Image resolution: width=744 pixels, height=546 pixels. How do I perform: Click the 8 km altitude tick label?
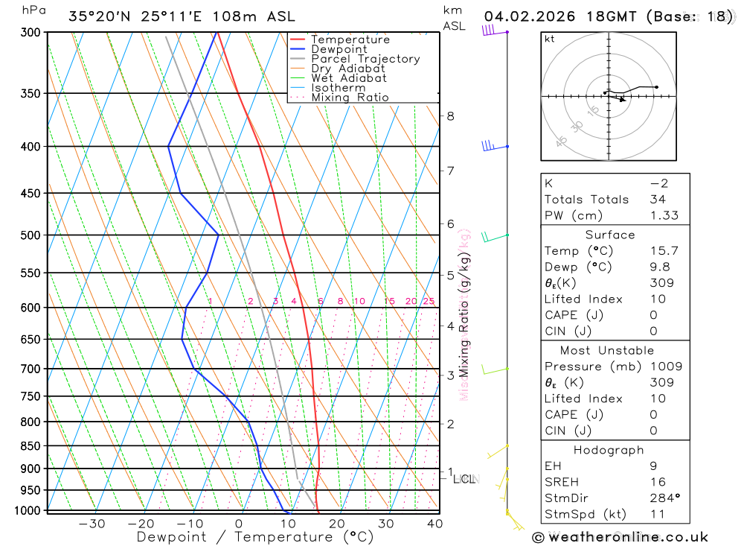pos(450,116)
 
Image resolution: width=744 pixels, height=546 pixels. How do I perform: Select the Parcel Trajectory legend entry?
pos(365,59)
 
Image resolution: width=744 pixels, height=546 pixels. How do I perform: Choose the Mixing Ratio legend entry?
pos(350,98)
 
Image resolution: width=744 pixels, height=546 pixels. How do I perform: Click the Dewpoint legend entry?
pos(339,49)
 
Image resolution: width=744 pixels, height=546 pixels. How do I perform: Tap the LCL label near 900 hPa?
pos(465,479)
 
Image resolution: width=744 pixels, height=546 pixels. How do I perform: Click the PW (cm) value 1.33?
pos(664,215)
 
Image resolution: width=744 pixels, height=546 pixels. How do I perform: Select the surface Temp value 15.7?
pos(664,251)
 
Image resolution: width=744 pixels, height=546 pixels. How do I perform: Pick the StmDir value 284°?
pos(664,498)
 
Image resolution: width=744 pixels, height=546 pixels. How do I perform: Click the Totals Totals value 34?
pos(657,199)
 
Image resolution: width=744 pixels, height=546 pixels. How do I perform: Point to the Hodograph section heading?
pos(609,450)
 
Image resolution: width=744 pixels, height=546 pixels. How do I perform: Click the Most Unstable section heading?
pos(608,350)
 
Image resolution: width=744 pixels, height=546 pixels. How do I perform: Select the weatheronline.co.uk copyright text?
pos(620,536)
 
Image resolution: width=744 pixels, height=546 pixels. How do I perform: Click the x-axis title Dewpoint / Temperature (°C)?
pos(255,536)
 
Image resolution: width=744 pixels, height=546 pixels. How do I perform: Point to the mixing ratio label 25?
pos(429,301)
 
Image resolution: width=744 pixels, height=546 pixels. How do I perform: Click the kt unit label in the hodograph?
pos(550,39)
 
